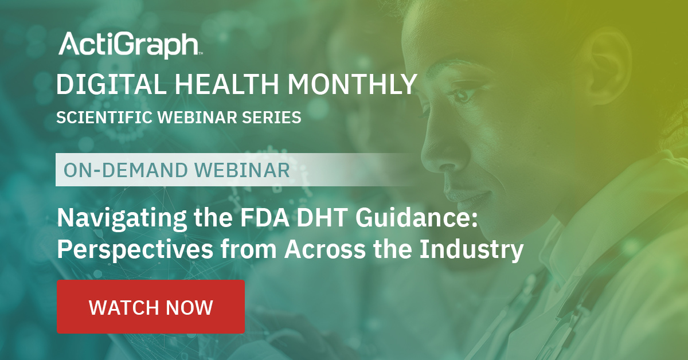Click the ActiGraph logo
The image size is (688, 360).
[130, 45]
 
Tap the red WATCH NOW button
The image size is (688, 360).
[151, 307]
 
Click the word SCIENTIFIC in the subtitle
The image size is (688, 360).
[104, 118]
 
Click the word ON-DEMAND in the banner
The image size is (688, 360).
[126, 170]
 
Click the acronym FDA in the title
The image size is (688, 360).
[264, 217]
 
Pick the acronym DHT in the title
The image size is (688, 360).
[322, 217]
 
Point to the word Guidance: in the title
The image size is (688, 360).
[416, 217]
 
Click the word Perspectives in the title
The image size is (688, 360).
[135, 250]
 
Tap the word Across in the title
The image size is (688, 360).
[325, 249]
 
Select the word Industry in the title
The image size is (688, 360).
[471, 250]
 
